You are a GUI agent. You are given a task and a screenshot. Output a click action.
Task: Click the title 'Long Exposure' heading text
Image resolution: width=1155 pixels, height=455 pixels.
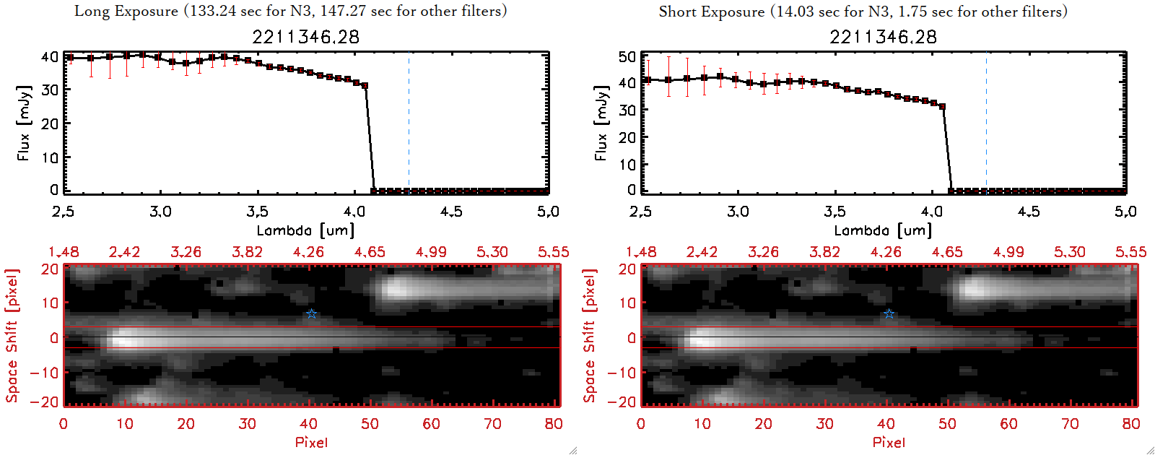click(126, 11)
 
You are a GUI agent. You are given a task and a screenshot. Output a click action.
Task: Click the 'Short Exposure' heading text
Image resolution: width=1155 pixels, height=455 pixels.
click(711, 12)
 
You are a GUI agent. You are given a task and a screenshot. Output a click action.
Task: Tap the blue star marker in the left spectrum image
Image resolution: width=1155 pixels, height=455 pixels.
click(311, 313)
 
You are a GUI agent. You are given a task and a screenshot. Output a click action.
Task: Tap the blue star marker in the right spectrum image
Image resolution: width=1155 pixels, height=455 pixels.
click(889, 313)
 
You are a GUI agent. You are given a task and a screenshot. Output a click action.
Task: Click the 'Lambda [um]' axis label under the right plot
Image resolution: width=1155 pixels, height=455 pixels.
click(883, 230)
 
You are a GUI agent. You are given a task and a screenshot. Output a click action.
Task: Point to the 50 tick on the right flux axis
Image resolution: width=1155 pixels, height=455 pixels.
click(627, 56)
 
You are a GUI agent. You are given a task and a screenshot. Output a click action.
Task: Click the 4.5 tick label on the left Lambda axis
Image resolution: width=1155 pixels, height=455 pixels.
click(451, 212)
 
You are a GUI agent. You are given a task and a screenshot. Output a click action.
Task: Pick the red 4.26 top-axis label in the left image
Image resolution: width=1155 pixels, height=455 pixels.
click(308, 252)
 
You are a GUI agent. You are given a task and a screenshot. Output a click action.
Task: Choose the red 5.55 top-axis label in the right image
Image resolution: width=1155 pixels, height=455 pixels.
click(1130, 252)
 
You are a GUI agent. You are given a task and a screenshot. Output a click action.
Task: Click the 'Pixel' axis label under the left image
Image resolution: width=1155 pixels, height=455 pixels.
click(311, 442)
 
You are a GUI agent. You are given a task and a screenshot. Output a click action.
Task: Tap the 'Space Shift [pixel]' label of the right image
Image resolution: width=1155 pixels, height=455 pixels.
click(590, 336)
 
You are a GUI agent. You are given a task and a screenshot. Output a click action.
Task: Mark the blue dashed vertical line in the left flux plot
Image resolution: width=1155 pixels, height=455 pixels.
click(409, 123)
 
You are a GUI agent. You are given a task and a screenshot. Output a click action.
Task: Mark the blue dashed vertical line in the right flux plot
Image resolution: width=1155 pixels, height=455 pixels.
click(986, 123)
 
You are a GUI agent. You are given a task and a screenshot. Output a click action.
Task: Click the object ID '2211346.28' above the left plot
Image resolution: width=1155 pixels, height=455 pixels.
click(305, 37)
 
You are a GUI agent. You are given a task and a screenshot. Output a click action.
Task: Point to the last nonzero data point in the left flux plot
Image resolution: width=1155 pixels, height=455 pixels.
click(365, 86)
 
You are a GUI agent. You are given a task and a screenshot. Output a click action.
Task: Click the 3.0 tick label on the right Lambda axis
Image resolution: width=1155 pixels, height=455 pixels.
click(738, 212)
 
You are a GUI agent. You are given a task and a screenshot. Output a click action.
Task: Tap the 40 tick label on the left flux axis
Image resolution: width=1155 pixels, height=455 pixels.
click(50, 56)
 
